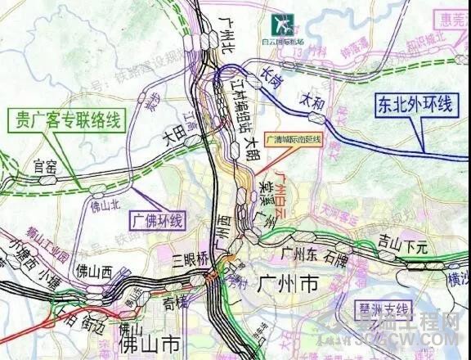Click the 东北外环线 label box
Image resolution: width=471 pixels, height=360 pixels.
(415, 105)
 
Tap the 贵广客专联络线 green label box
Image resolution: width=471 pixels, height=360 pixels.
(64, 122)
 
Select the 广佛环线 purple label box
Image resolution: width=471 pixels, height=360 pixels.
(157, 219)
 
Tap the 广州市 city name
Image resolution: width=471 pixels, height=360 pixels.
(286, 284)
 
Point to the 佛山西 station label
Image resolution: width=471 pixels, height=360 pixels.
(94, 270)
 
